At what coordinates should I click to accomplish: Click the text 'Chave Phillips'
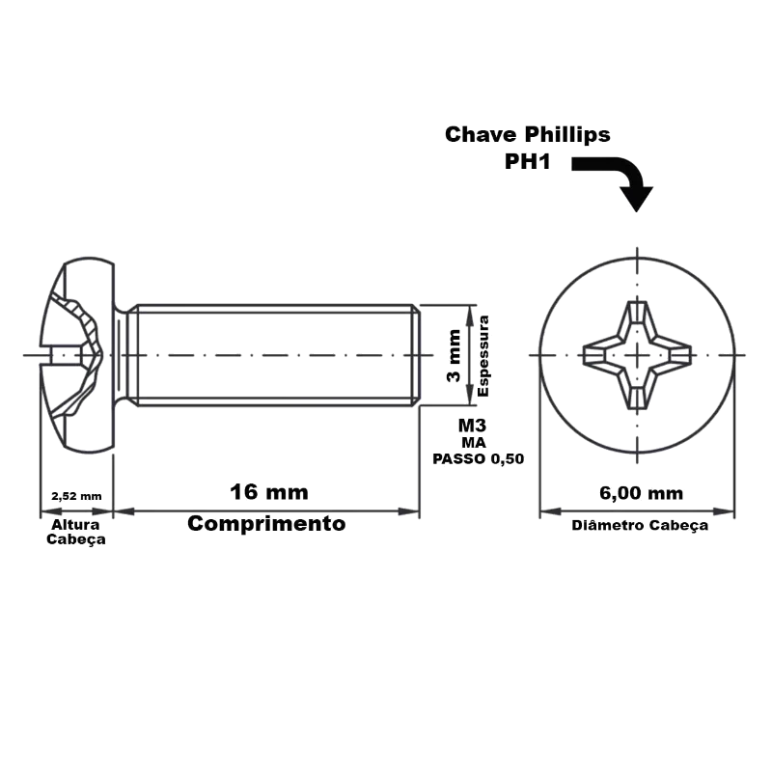527,135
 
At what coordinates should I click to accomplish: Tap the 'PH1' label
527,161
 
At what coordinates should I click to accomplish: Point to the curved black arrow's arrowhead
637,199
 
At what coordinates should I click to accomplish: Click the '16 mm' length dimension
269,492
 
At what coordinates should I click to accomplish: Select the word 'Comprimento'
266,523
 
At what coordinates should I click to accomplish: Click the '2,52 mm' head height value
76,496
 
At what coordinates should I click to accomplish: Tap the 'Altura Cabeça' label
76,532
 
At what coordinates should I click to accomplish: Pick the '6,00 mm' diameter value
641,493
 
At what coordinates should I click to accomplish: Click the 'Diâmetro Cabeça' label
640,525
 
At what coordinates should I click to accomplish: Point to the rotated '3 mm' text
454,355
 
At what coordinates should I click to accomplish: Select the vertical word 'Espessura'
483,356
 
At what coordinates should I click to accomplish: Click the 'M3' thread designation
472,425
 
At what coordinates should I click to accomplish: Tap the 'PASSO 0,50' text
478,459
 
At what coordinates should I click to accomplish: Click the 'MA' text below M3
474,443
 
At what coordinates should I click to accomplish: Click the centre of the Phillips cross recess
638,355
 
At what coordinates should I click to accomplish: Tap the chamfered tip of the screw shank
416,355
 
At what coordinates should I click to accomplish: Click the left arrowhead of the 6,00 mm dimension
550,511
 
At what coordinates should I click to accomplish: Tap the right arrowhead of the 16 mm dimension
408,511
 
